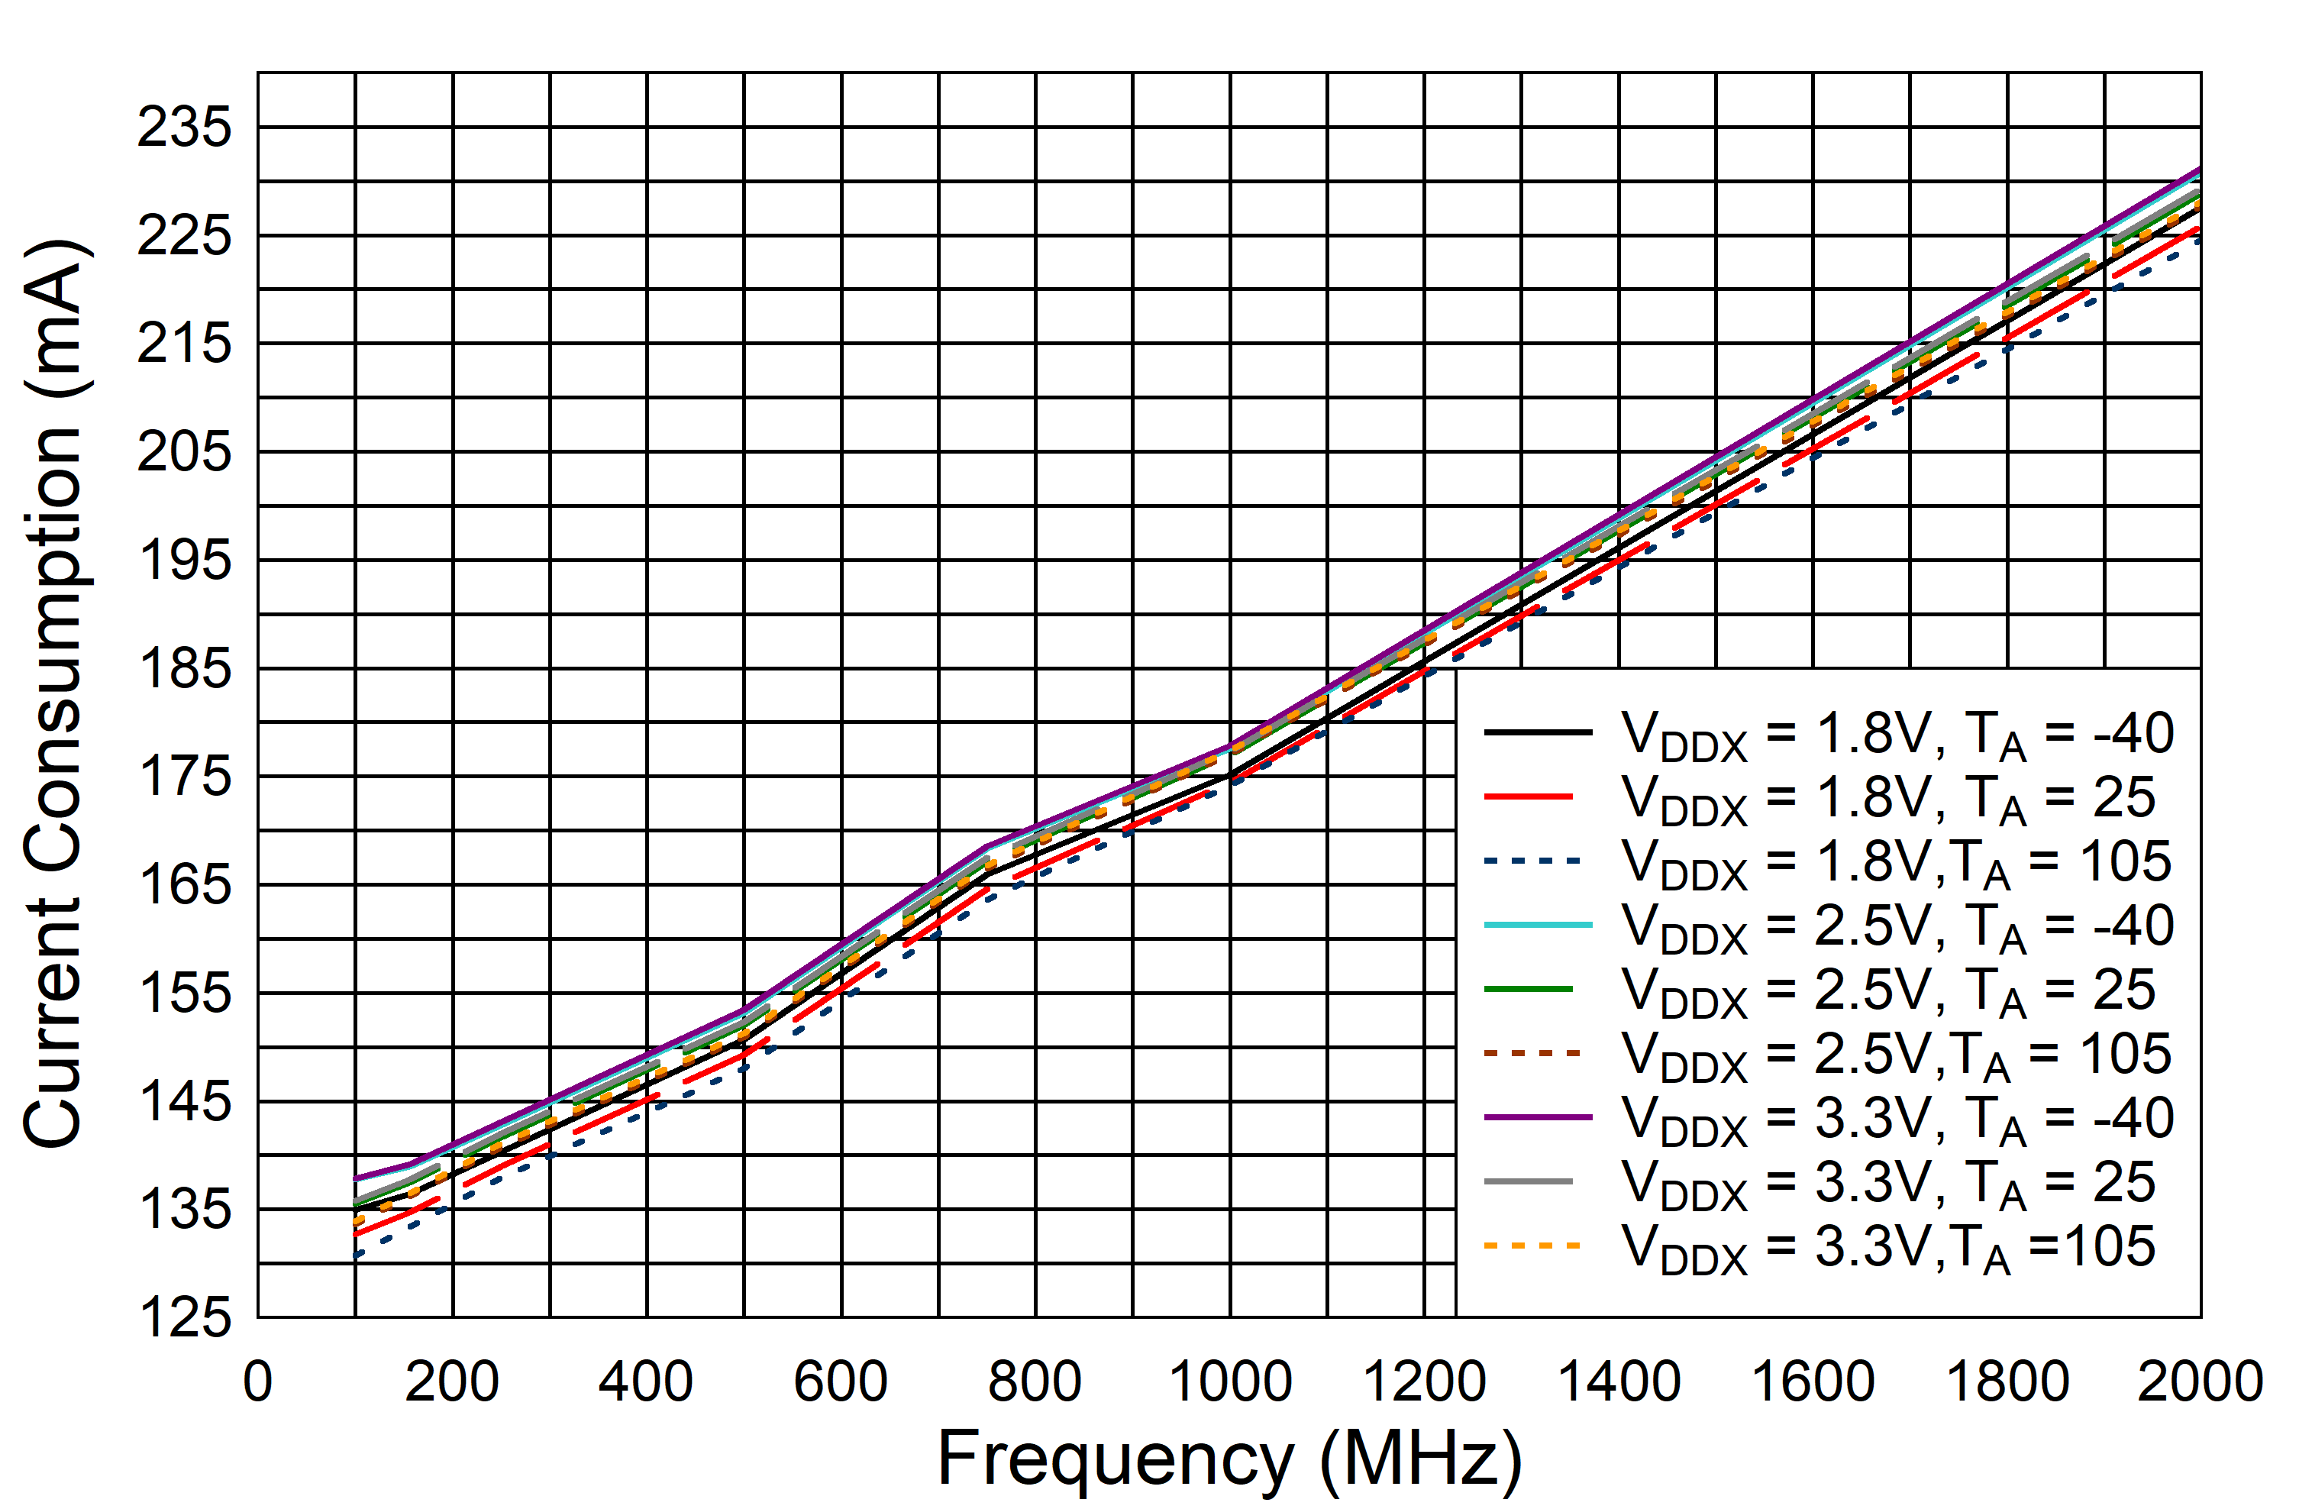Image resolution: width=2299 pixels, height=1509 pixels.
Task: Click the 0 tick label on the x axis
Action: (258, 1381)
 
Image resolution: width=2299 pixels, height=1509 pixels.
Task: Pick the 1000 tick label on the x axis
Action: (1230, 1381)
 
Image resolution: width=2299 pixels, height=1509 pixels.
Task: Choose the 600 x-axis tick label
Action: (841, 1381)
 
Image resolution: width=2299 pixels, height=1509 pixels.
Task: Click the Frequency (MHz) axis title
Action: (1230, 1459)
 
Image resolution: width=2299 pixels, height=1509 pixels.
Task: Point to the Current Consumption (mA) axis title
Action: (56, 693)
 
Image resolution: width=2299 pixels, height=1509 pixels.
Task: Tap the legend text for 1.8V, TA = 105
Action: (1895, 863)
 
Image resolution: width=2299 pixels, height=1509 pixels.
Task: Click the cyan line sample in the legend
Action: (1538, 926)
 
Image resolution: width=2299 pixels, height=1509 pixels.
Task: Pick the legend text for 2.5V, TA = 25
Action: (1887, 991)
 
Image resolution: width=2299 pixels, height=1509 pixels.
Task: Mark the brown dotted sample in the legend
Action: (1532, 1053)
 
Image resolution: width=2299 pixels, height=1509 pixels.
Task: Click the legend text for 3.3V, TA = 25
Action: (1887, 1184)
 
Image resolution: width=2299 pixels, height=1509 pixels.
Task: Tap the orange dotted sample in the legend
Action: (1532, 1246)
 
